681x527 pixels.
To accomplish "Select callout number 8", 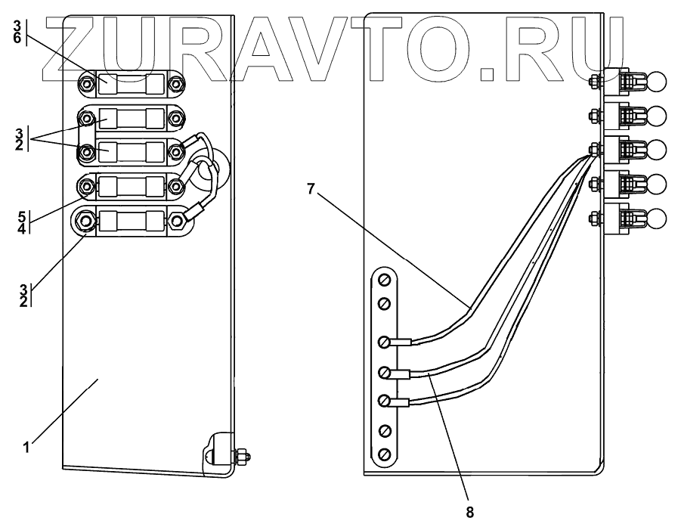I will tap(469, 512).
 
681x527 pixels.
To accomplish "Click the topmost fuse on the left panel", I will tap(132, 82).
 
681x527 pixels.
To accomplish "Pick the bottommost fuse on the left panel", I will tap(132, 220).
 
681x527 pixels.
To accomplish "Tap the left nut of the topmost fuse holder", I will tap(87, 82).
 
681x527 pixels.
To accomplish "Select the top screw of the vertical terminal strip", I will tap(384, 281).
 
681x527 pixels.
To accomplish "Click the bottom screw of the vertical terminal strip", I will tap(384, 454).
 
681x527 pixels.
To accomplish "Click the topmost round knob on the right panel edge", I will tap(656, 79).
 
